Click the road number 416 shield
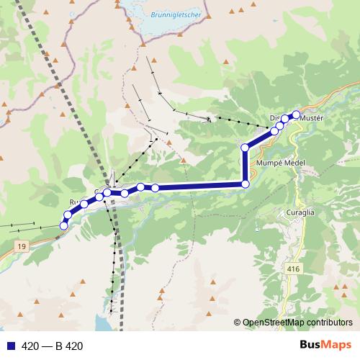click(x=292, y=269)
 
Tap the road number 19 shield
click(x=22, y=247)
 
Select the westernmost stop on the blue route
click(x=63, y=226)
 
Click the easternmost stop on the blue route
click(x=295, y=114)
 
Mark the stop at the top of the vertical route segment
click(x=245, y=148)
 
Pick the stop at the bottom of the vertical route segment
click(x=245, y=184)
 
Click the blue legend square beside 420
click(x=12, y=346)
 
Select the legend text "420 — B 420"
click(x=53, y=346)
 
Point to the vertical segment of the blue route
click(x=245, y=166)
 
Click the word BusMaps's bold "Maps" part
click(x=334, y=346)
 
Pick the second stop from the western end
click(x=68, y=215)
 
